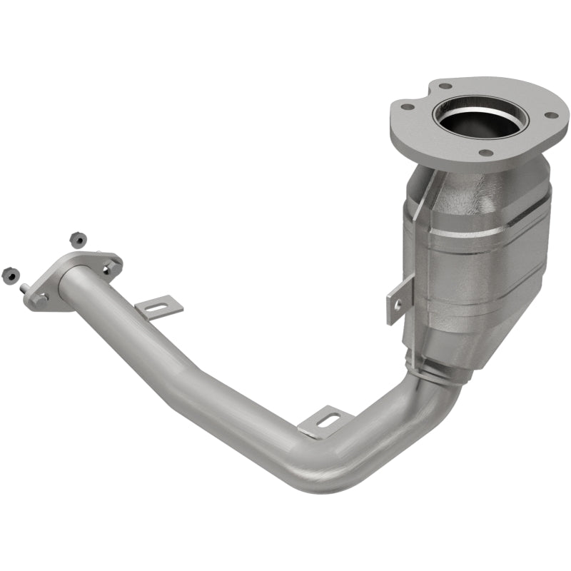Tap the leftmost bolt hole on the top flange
(x=407, y=107)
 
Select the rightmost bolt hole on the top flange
(x=550, y=115)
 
